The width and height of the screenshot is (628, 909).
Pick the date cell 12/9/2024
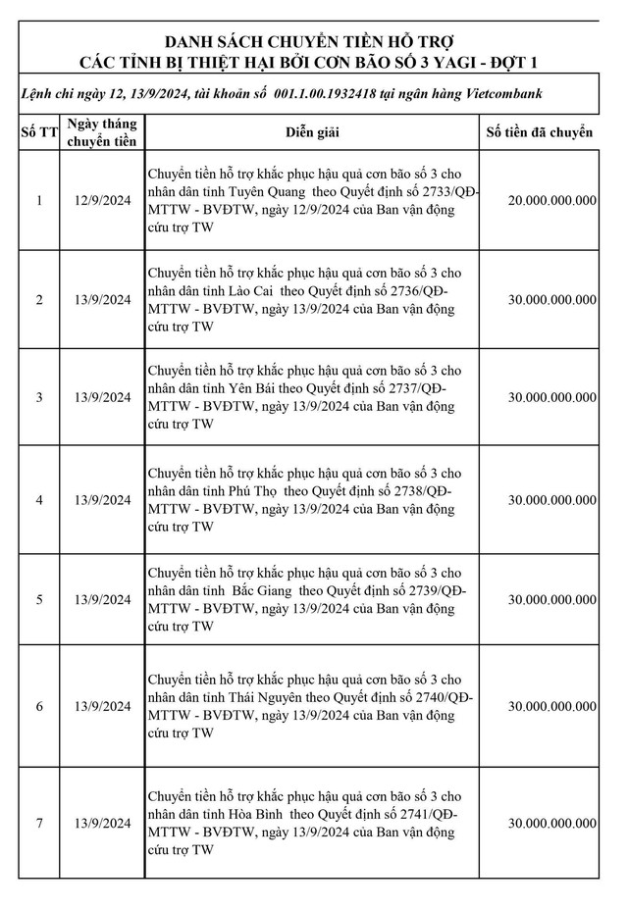tap(101, 200)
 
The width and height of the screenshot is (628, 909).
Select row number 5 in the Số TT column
tap(39, 599)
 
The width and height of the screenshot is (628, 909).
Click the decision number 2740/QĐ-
tap(439, 697)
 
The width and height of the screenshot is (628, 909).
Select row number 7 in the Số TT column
tap(39, 824)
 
